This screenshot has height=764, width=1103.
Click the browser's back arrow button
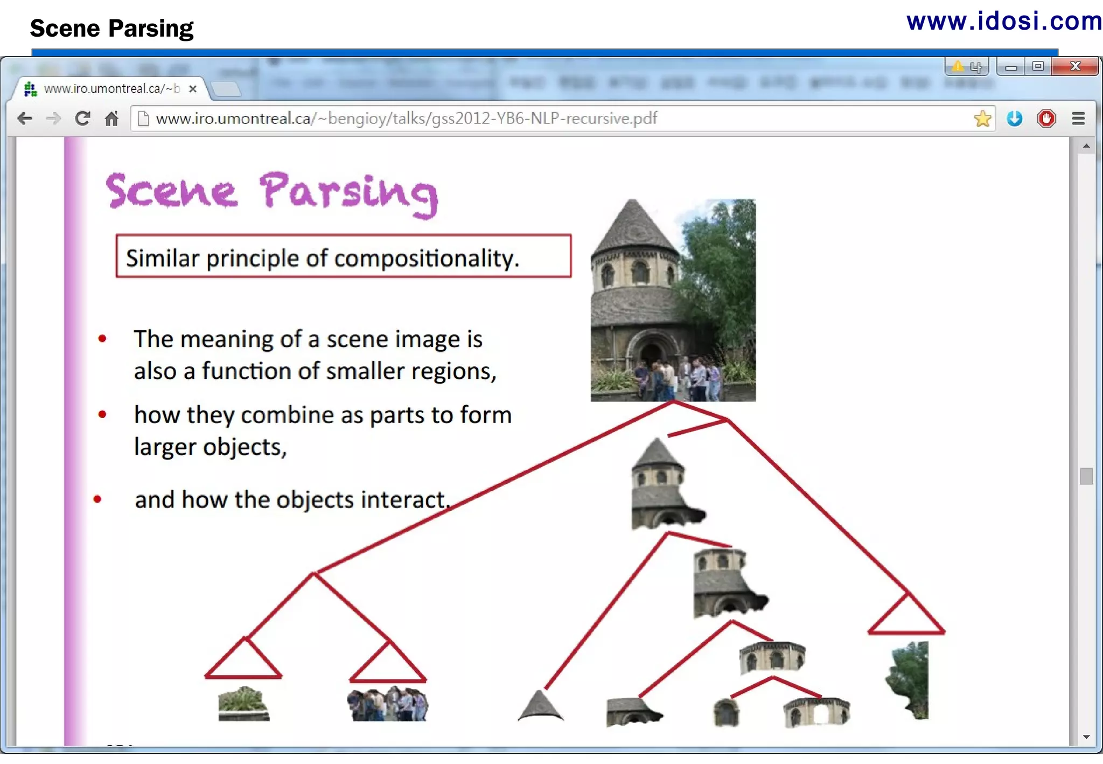coord(25,119)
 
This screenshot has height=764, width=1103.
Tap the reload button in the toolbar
coord(82,119)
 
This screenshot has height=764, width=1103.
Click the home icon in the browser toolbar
coord(111,119)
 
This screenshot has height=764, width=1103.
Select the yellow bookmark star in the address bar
coord(982,119)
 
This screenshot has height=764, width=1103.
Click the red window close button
coord(1075,66)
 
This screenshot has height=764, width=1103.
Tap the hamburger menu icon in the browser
coord(1078,119)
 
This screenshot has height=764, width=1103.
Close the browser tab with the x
coord(192,89)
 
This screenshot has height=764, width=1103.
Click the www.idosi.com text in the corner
coord(1004,22)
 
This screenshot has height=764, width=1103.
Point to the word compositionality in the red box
coord(426,259)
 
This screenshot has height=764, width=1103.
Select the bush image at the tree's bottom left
coord(243,704)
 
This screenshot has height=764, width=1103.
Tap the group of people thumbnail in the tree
coord(388,704)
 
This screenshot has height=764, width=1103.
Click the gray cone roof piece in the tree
coord(540,706)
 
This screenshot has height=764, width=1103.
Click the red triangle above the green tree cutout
coord(906,617)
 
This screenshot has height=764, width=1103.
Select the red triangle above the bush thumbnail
coord(243,661)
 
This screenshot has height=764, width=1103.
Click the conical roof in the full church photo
coord(633,226)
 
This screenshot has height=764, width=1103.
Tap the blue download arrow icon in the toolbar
coord(1015,119)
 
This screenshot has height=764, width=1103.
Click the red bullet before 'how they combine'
coord(102,414)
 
